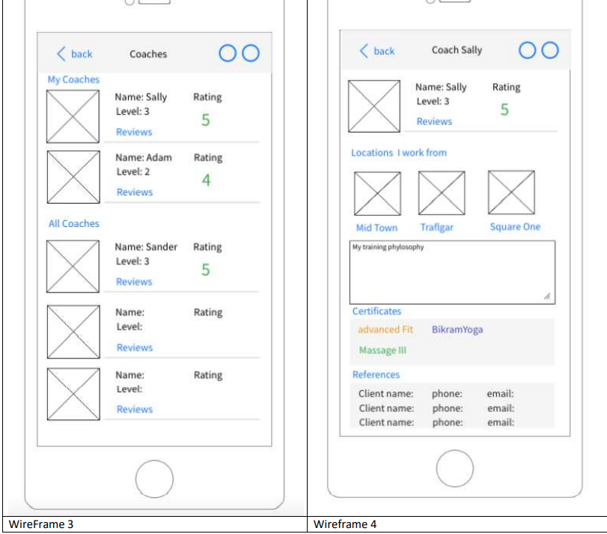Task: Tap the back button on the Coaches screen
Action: (74, 54)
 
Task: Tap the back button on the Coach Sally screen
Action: (376, 51)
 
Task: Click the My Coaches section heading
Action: (73, 79)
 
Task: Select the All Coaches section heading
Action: (73, 223)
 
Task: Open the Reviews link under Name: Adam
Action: (134, 192)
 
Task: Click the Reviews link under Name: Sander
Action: (134, 282)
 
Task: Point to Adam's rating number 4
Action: (206, 180)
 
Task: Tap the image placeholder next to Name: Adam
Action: (73, 177)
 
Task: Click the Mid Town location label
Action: (376, 228)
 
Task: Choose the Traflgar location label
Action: (436, 228)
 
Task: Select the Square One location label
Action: (515, 227)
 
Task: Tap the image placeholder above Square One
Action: (511, 192)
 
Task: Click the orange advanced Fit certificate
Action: (385, 330)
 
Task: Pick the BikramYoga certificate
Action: (457, 330)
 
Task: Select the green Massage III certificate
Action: (382, 350)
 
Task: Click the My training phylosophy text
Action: (388, 247)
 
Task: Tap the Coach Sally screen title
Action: (457, 50)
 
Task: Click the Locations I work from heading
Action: (398, 153)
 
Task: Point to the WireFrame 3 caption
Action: (41, 524)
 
